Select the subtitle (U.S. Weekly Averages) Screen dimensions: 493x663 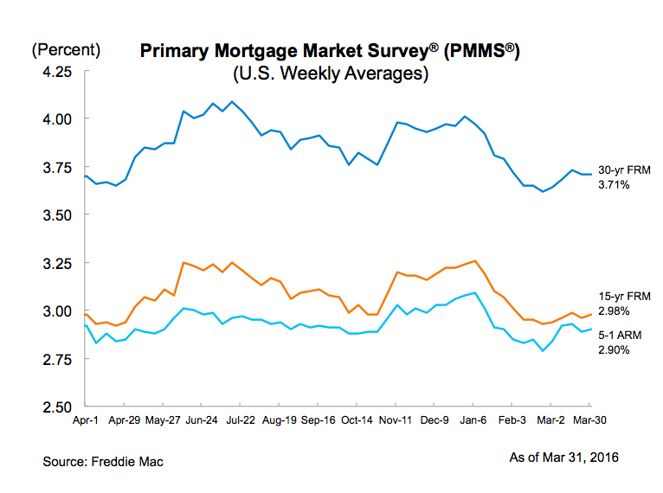pos(331,74)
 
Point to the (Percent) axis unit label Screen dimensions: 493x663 pos(66,50)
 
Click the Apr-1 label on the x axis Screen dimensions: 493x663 pos(85,420)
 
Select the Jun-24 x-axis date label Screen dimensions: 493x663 pos(202,420)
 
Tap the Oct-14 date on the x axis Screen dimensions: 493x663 pos(357,420)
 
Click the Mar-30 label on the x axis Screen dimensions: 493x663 pos(590,420)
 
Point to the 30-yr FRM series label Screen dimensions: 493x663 pos(621,170)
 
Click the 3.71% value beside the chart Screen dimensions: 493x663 pos(615,185)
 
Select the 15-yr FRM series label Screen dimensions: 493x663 pos(621,297)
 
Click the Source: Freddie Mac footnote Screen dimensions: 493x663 pos(103,461)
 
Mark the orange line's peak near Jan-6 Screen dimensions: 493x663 pos(474,260)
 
